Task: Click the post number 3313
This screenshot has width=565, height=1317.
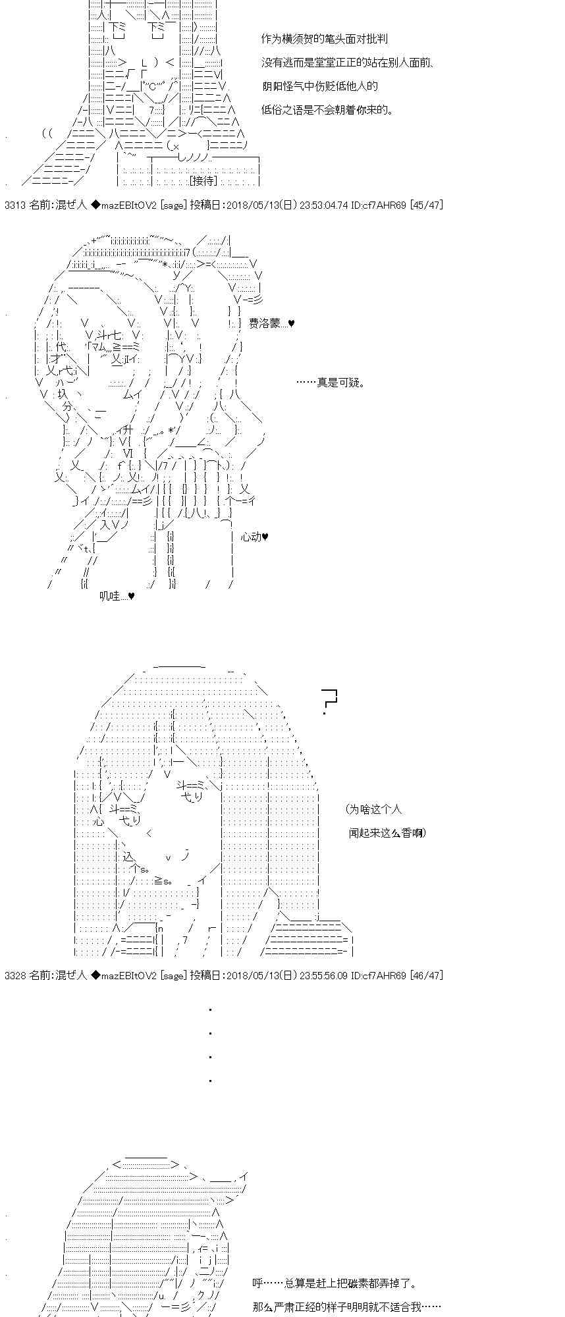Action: pos(14,205)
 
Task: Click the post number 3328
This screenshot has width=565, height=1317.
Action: pos(14,975)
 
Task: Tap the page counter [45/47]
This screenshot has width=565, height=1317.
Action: pos(426,205)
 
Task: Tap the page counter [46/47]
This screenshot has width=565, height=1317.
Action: pos(426,975)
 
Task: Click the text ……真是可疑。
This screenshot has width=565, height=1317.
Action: pos(330,383)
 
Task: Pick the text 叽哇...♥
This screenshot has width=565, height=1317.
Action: pos(117,596)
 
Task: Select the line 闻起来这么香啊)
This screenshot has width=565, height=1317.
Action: pos(387,833)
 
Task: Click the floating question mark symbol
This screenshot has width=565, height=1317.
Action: pos(328,701)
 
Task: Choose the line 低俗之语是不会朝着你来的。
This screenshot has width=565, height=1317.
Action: pos(327,110)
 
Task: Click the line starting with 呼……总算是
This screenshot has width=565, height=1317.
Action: pos(334,1283)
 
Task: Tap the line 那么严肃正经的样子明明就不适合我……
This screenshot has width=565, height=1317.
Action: pos(346,1306)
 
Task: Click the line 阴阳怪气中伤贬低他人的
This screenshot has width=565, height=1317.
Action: pos(319,86)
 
